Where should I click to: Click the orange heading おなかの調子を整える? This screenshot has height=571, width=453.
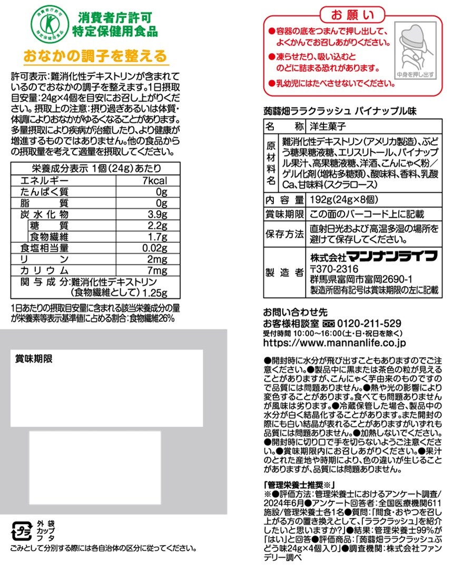pos(95,55)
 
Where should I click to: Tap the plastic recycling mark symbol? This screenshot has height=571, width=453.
pos(23,530)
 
